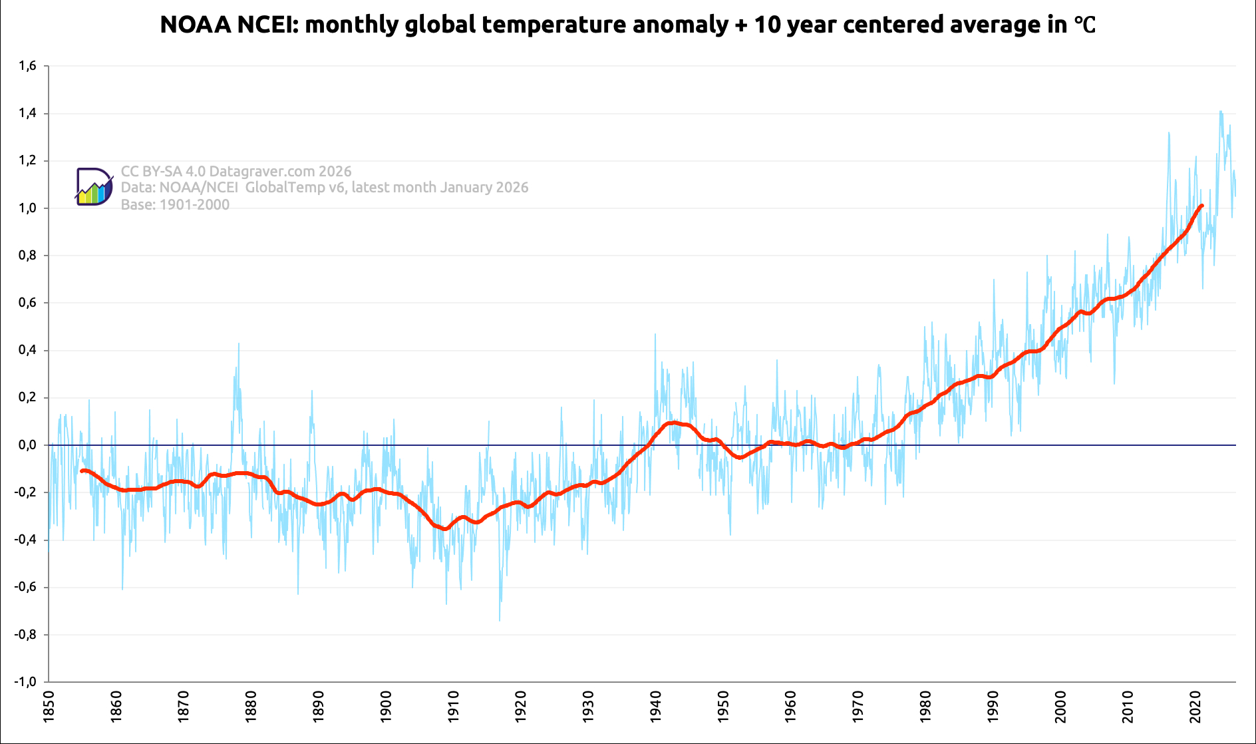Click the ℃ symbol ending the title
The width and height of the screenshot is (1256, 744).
click(1084, 25)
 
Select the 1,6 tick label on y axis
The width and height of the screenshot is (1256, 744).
click(27, 66)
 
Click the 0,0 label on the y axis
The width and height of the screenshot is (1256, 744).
click(27, 445)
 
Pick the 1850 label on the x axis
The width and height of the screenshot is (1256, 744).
click(49, 707)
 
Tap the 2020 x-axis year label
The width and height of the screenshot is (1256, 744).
click(1195, 707)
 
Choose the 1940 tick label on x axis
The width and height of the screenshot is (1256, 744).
click(655, 707)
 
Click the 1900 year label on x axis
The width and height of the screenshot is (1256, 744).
click(386, 707)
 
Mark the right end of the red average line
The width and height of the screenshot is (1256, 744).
click(1201, 206)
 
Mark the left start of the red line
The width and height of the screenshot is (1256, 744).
click(81, 471)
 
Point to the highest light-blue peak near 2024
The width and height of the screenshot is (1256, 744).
click(1221, 111)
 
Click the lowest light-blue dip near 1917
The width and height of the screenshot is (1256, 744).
click(500, 620)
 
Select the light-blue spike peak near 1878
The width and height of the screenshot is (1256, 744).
click(238, 343)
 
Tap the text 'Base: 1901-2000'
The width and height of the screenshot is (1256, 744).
click(175, 205)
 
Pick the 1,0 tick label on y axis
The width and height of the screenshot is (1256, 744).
click(27, 208)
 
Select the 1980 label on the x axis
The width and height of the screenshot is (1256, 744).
click(925, 707)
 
